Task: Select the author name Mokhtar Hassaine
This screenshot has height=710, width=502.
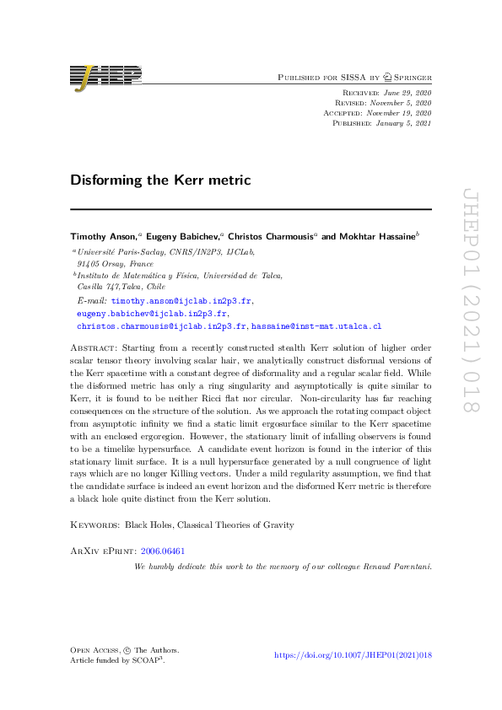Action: point(380,237)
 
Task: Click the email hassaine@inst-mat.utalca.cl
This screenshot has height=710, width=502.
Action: point(316,325)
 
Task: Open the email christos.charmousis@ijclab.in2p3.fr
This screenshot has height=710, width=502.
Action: point(162,325)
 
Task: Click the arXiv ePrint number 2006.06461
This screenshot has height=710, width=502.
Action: point(165,550)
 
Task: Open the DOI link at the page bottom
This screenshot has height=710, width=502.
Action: point(354,654)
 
